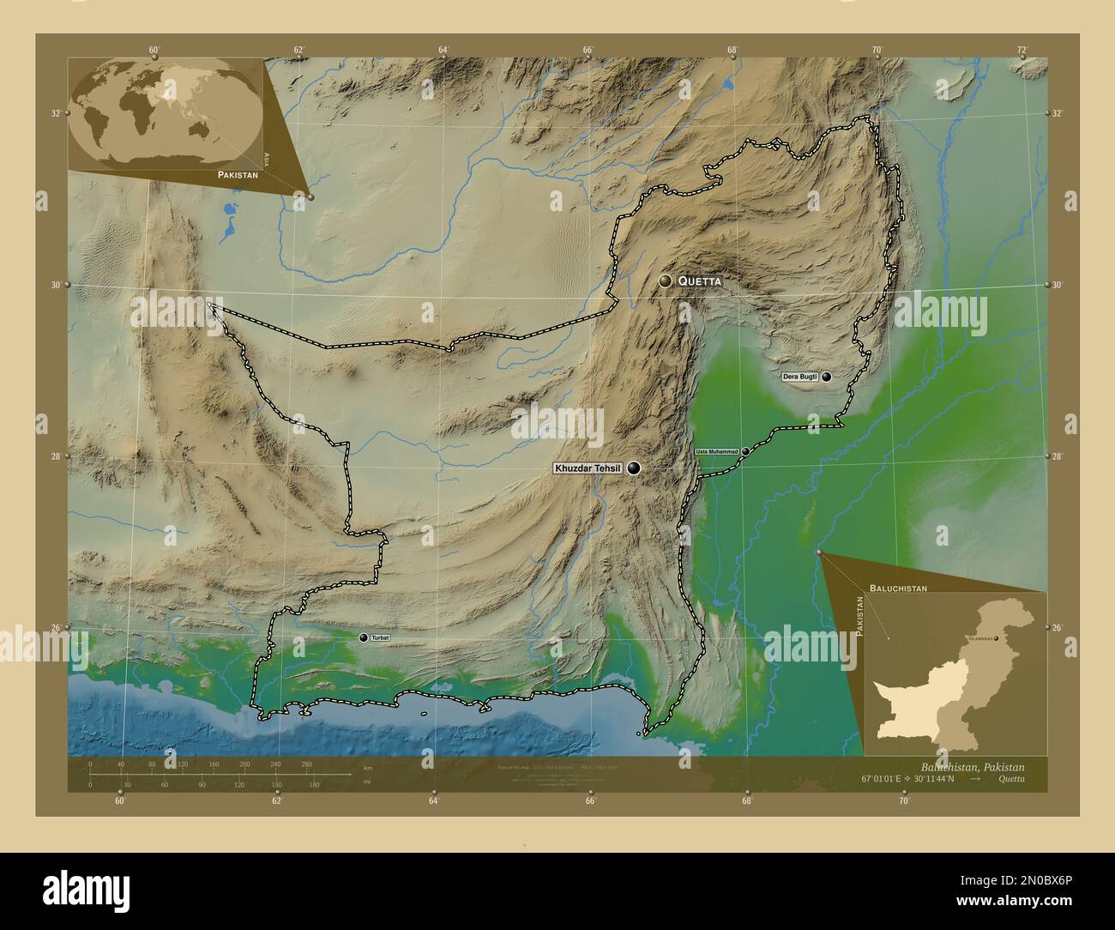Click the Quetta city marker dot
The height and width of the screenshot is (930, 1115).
(665, 281)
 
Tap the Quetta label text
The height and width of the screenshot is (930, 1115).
(700, 281)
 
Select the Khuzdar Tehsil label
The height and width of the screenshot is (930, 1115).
(588, 468)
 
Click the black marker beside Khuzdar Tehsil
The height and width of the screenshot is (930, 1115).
(634, 468)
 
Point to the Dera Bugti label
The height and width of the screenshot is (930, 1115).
(799, 377)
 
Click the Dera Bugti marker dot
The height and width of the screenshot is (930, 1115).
(827, 377)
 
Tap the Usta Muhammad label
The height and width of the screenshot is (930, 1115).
(716, 451)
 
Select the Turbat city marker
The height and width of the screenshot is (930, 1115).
(364, 637)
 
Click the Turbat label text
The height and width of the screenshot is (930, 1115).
(380, 638)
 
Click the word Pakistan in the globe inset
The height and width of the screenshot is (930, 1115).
(238, 174)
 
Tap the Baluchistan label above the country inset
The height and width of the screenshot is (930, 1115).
(898, 589)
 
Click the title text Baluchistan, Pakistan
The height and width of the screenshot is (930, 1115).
(972, 766)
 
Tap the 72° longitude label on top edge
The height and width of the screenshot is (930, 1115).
(1022, 50)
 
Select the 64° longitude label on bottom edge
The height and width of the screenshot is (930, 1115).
(434, 800)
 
